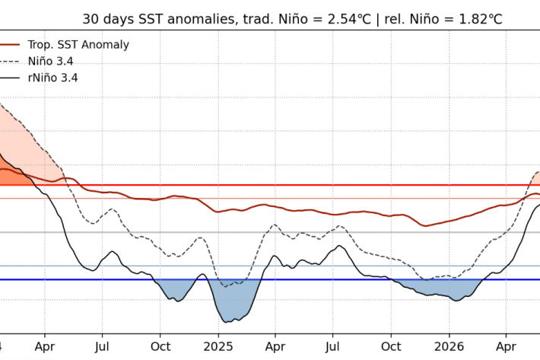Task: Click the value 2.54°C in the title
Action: coord(349,19)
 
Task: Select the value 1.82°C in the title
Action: coord(481,19)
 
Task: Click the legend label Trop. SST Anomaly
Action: coord(78,45)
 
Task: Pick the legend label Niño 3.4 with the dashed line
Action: coord(51,62)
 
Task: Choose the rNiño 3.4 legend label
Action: coord(53,78)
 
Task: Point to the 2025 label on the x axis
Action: coord(218,346)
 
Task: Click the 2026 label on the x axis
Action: coord(449,346)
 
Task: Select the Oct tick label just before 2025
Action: coord(160,346)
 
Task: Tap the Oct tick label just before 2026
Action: coord(391,346)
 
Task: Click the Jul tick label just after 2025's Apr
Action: coord(332,346)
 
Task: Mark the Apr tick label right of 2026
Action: coord(506,346)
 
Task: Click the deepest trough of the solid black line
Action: coord(226,323)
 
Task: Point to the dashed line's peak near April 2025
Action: coord(275,225)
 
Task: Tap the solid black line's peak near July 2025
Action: coord(339,246)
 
